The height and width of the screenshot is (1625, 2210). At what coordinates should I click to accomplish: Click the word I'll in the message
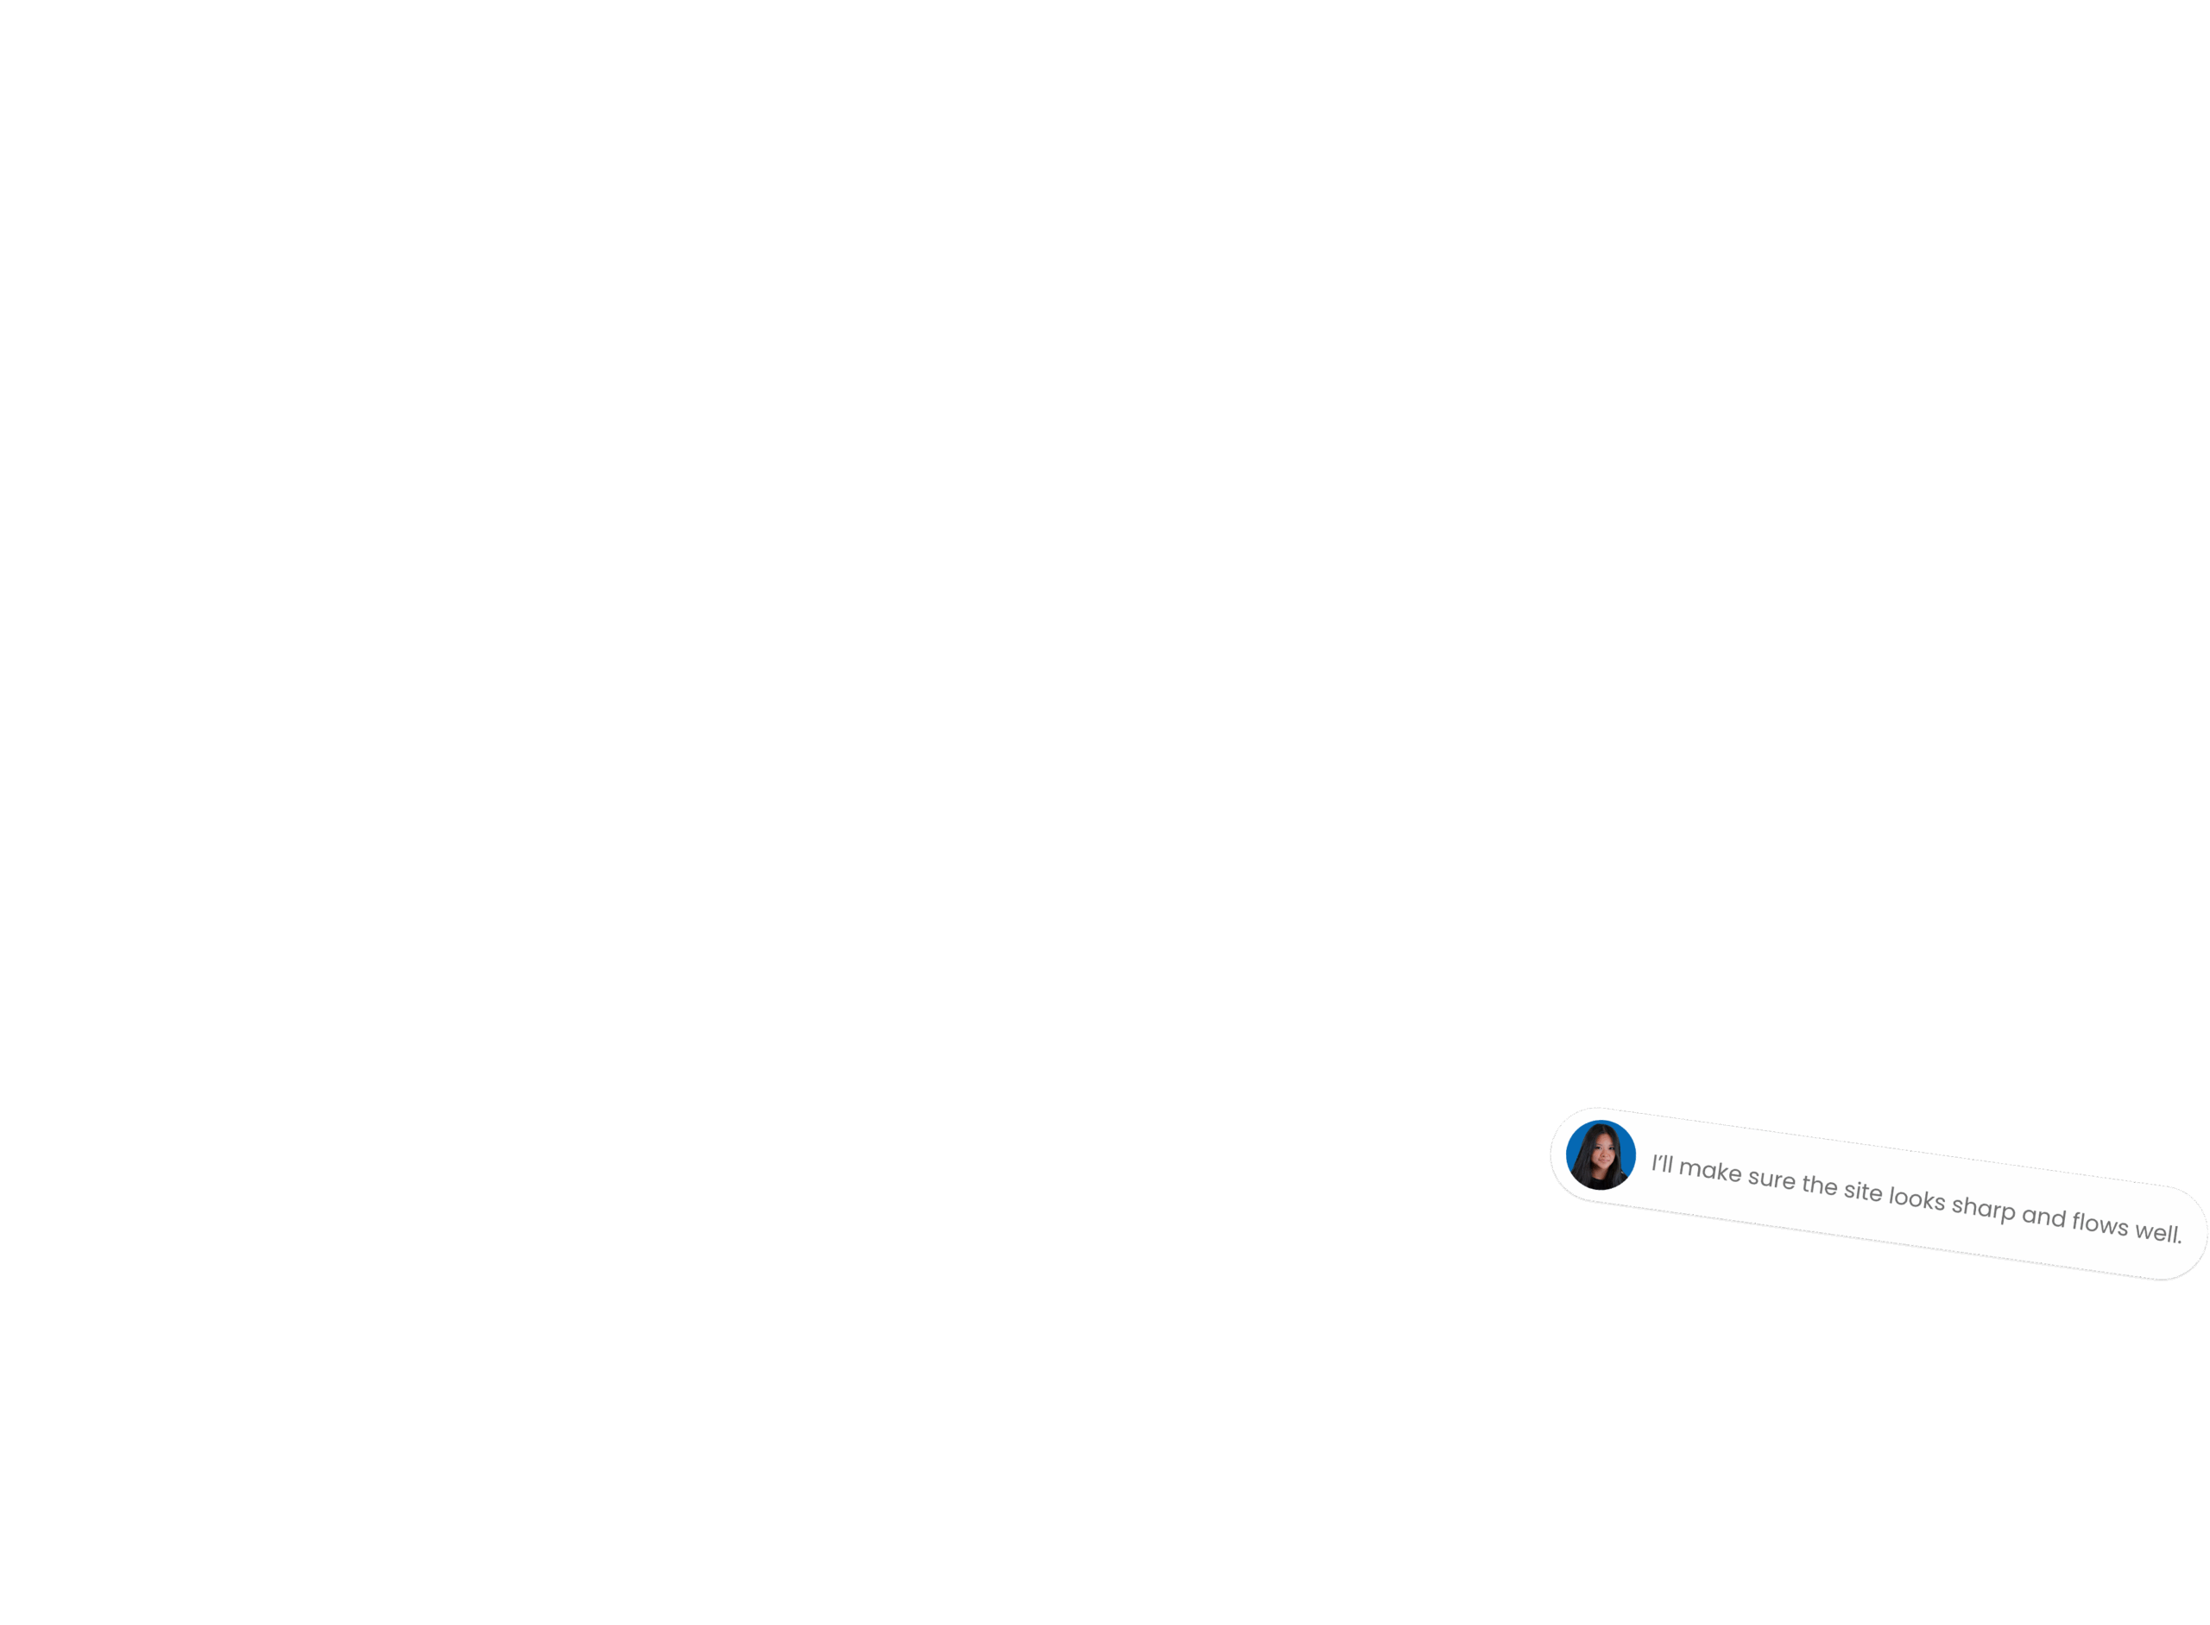click(x=1661, y=1165)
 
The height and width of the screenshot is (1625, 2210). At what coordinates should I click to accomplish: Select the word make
click(x=1709, y=1171)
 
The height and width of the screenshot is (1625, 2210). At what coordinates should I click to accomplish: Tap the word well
click(x=2156, y=1231)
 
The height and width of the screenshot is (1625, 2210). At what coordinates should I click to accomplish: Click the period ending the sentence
click(x=2180, y=1242)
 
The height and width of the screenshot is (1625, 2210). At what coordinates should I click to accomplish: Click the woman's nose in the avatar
click(x=1603, y=1157)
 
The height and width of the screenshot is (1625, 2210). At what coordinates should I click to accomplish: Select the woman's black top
click(x=1601, y=1179)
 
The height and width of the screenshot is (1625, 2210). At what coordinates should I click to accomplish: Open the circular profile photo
click(x=1601, y=1154)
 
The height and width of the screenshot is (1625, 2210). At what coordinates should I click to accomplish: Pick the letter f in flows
click(x=2077, y=1221)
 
